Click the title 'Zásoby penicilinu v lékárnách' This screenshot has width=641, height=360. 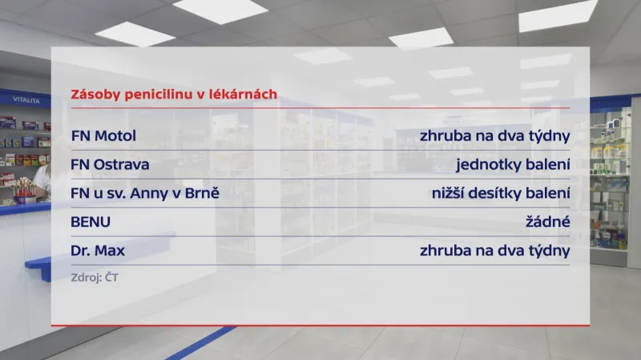click(174, 94)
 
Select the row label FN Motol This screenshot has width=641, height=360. click(103, 136)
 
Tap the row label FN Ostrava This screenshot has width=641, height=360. click(110, 164)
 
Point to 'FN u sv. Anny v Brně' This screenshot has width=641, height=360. click(145, 193)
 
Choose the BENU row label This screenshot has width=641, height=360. click(91, 222)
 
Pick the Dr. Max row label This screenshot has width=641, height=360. click(98, 251)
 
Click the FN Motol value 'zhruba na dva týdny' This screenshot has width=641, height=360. click(494, 136)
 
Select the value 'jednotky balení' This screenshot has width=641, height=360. click(513, 164)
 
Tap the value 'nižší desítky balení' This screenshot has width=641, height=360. click(500, 193)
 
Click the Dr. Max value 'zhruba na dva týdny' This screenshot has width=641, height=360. click(494, 251)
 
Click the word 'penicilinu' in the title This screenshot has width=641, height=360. click(161, 94)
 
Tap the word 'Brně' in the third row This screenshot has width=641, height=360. click(204, 193)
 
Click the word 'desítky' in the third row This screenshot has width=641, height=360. click(502, 193)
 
